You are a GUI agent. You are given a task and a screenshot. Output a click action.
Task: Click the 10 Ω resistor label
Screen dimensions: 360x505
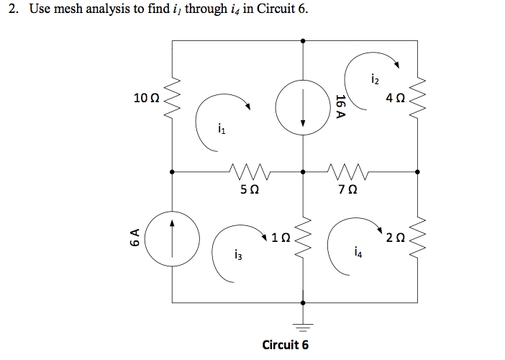[x=145, y=98]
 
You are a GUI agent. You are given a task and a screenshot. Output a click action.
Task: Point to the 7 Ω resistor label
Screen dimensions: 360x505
[x=347, y=190]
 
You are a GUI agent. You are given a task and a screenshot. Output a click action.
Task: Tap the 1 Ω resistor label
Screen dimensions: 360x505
[x=281, y=237]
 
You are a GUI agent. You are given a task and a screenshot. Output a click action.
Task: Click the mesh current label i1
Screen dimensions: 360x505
[x=221, y=130]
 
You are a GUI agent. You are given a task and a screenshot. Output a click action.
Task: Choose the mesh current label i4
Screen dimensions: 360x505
[x=358, y=252]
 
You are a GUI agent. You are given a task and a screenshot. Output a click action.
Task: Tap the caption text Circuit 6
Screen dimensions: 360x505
[x=286, y=344]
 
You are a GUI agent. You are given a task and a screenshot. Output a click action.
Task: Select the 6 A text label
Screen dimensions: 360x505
[x=135, y=238]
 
